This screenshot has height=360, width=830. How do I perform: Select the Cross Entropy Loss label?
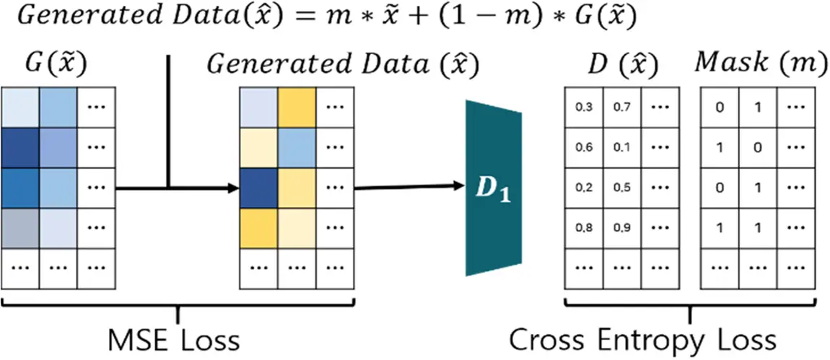642,338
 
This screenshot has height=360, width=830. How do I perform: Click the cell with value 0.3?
582,108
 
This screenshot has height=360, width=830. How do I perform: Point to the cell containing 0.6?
582,149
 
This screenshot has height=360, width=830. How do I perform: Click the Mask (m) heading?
760,64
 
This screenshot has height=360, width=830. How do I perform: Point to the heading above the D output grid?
622,65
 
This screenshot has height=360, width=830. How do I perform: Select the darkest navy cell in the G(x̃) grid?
21,149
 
